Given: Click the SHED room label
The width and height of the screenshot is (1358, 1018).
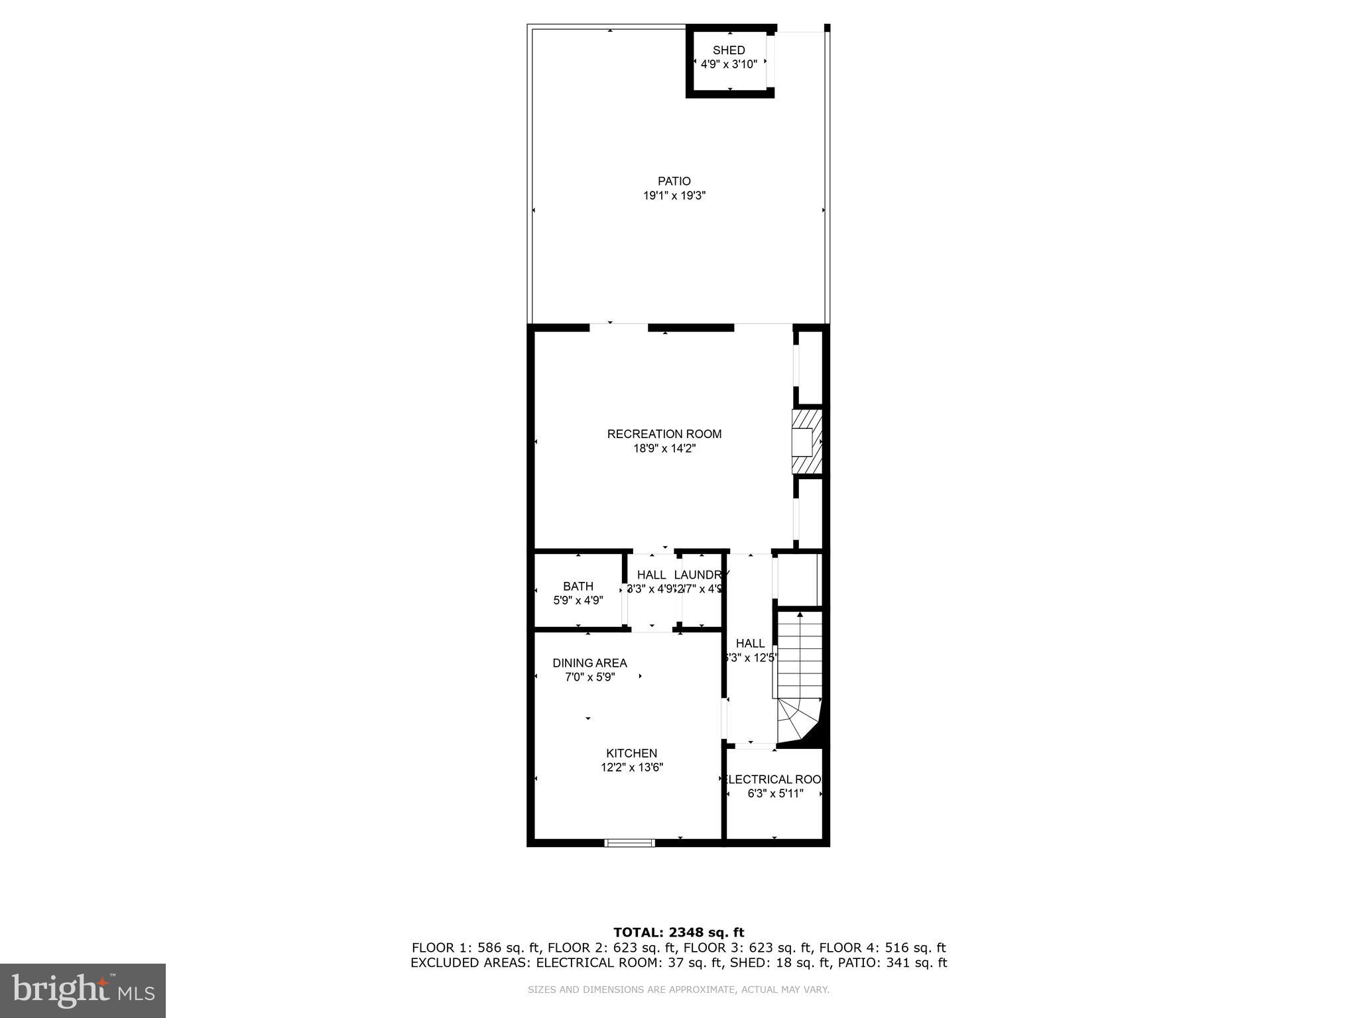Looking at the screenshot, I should tap(729, 50).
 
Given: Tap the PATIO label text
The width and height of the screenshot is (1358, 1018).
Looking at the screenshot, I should tap(674, 181).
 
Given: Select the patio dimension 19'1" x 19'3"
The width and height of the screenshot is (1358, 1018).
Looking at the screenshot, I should tap(674, 196).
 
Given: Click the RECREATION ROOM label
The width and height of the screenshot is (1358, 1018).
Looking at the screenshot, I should tap(664, 434).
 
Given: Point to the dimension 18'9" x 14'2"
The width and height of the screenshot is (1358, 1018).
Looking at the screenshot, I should tap(664, 449).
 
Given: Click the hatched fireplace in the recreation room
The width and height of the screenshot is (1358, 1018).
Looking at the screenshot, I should tap(807, 442).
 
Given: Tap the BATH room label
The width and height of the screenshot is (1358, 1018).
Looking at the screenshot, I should tap(578, 586).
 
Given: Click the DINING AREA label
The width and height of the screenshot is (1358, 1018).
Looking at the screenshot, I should tap(589, 663).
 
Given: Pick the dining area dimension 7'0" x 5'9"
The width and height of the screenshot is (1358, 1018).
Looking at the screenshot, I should tap(589, 677).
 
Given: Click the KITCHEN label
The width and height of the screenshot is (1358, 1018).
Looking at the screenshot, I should tap(631, 753).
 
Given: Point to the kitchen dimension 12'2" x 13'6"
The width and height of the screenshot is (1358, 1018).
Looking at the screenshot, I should tap(631, 767).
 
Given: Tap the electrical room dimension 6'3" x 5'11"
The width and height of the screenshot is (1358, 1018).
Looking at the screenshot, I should tap(775, 793).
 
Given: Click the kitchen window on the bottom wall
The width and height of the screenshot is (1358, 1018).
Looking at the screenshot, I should tap(629, 843).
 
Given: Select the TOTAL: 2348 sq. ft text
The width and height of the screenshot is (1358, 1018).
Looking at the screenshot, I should tap(678, 933).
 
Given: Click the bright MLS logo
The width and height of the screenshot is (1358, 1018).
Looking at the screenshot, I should tap(83, 991).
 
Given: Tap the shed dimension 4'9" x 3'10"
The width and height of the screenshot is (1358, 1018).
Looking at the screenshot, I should tap(729, 65).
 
